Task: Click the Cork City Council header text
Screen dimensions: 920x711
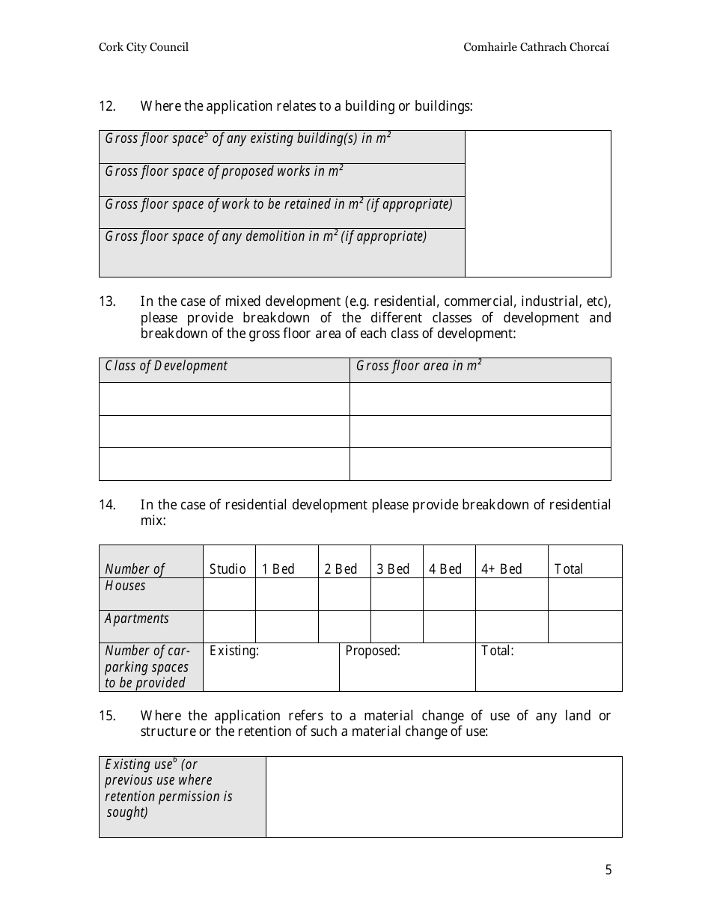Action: tap(144, 47)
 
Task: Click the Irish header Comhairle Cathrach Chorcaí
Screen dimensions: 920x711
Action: tap(536, 47)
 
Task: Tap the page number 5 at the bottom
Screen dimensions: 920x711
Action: tap(608, 870)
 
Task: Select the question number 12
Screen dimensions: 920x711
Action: tap(107, 106)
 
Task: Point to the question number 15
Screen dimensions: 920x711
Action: tap(107, 716)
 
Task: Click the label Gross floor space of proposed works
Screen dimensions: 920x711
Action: tap(224, 171)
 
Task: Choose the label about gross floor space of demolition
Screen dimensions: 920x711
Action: tap(266, 236)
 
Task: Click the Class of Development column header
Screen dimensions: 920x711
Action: tap(166, 366)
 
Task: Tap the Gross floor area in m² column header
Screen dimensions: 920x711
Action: tap(418, 366)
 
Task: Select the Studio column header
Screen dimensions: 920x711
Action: tap(228, 569)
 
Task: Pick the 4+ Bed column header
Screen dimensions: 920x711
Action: tap(501, 569)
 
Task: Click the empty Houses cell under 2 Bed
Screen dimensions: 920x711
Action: tap(344, 594)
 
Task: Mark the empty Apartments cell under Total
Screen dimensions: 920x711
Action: tap(585, 627)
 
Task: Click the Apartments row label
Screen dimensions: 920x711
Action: tap(137, 619)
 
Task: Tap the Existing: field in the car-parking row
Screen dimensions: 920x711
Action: tap(270, 666)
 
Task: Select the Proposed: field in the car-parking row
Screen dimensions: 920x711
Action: tap(406, 666)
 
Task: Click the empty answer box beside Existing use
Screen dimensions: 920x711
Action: tap(444, 797)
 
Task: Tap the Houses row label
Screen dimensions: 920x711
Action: tap(126, 586)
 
